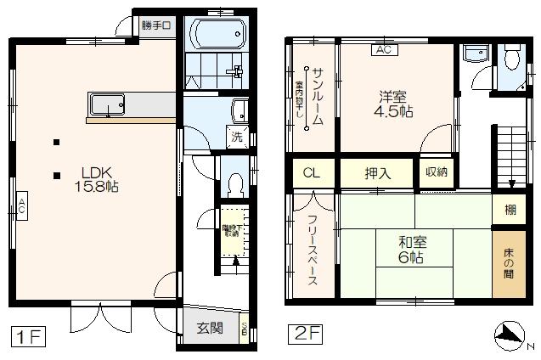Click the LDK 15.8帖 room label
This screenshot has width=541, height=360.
pyautogui.click(x=94, y=177)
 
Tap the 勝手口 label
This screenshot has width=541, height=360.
pyautogui.click(x=157, y=25)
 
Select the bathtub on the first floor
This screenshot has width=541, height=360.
pyautogui.click(x=218, y=35)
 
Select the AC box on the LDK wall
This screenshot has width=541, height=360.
pyautogui.click(x=20, y=205)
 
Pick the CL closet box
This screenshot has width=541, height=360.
pyautogui.click(x=313, y=174)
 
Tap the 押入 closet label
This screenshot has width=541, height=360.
pyautogui.click(x=378, y=174)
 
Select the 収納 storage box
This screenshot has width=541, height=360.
pyautogui.click(x=437, y=173)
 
